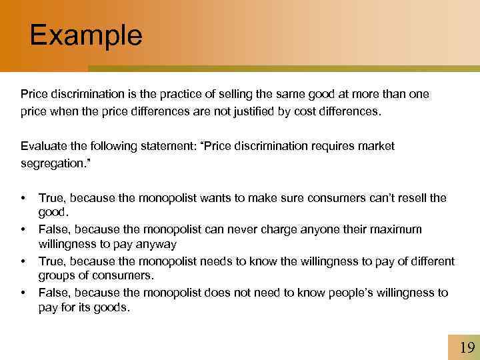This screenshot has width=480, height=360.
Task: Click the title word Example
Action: [86, 35]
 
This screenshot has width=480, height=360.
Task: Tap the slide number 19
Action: [467, 347]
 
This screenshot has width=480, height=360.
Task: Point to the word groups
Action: [57, 276]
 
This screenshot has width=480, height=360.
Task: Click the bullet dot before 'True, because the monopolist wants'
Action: [23, 199]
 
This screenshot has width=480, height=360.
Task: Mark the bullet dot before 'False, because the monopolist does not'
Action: [23, 293]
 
